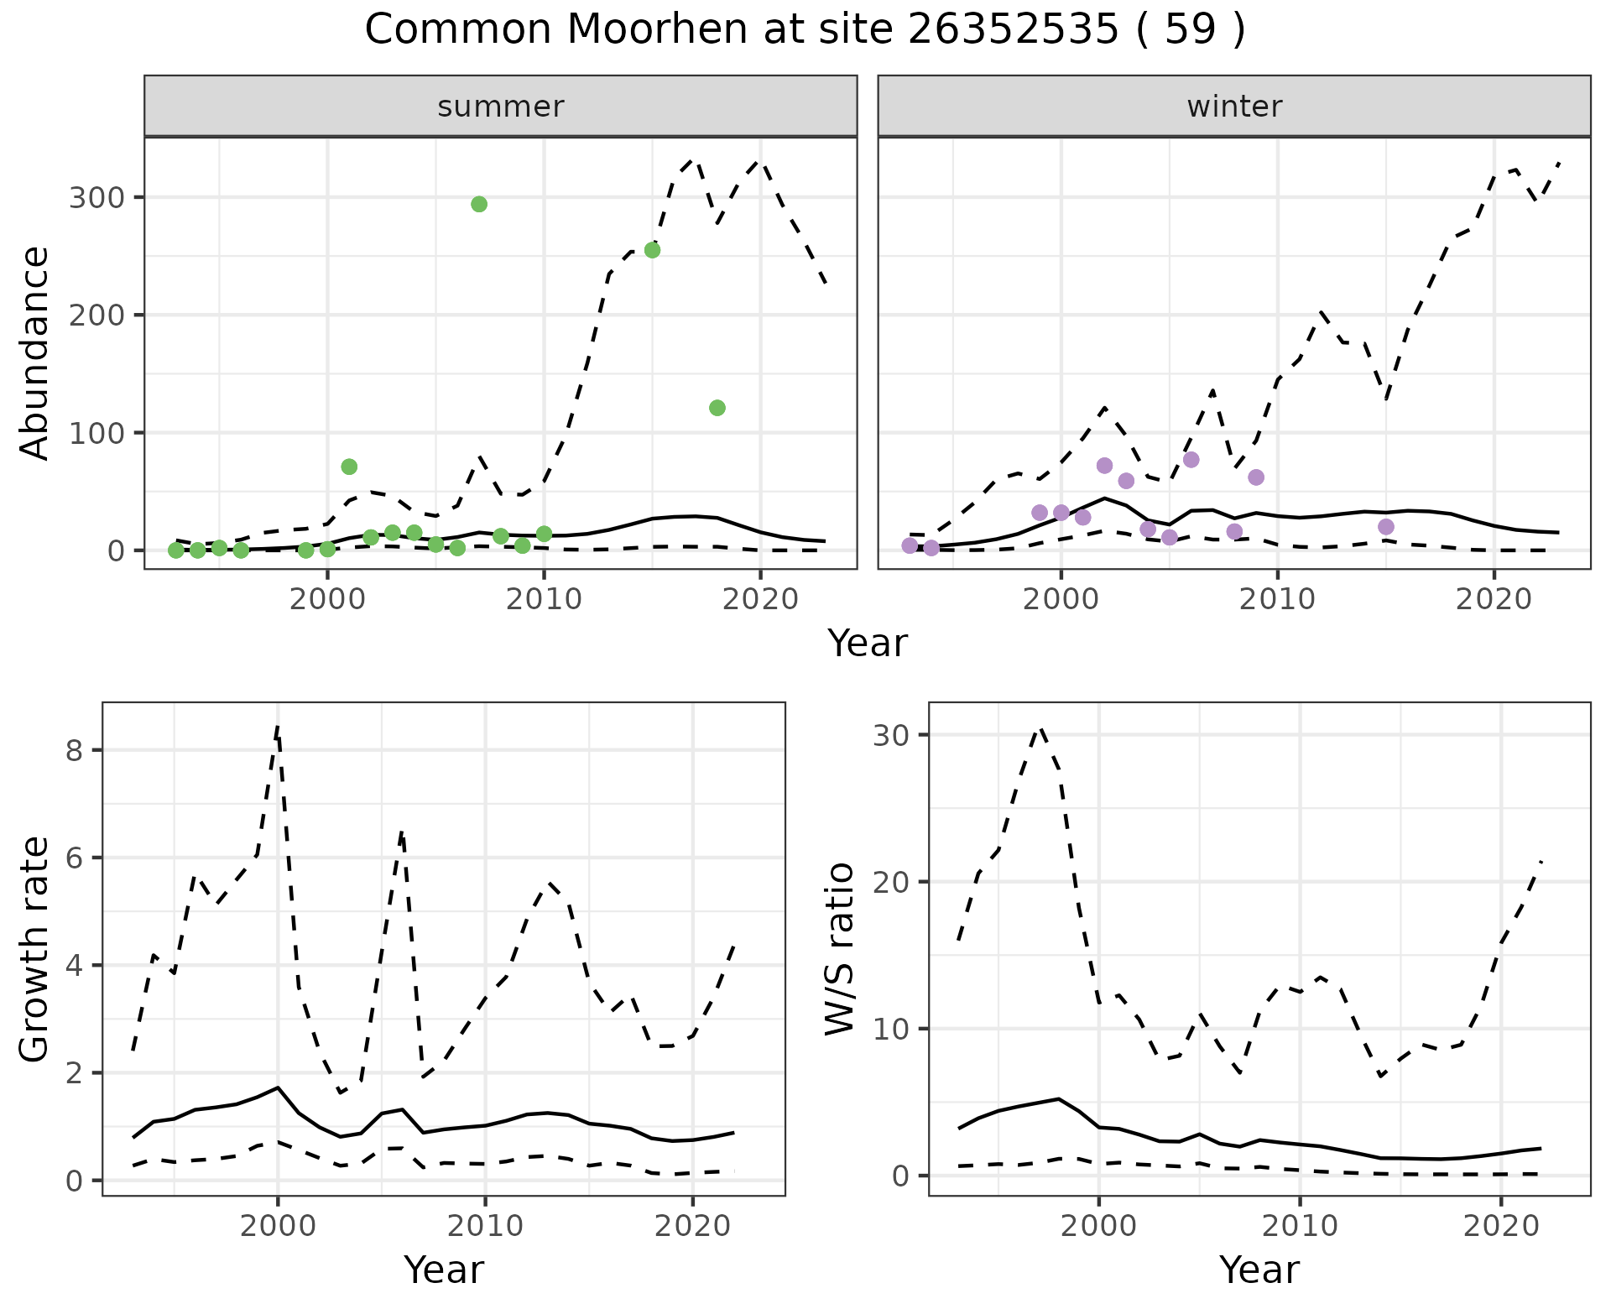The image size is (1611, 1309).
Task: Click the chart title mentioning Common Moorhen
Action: click(x=805, y=30)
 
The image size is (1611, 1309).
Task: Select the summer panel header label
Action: click(x=500, y=107)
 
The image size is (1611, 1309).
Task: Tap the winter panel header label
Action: click(x=1233, y=107)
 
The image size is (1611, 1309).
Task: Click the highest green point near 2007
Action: click(x=479, y=204)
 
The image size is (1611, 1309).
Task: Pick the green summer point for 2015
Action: click(x=652, y=250)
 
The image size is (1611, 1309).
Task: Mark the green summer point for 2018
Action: click(x=717, y=408)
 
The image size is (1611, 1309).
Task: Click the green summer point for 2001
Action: click(x=349, y=467)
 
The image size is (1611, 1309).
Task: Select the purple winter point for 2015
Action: click(x=1386, y=527)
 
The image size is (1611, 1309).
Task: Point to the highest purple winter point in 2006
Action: click(x=1191, y=460)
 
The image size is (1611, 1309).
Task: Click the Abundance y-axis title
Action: click(x=35, y=352)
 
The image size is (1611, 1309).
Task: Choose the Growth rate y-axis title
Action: click(x=35, y=950)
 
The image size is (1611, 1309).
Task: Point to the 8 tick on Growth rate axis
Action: click(x=74, y=750)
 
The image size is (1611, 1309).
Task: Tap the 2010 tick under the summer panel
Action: click(x=544, y=599)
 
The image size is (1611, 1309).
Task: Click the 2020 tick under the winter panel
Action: click(x=1494, y=599)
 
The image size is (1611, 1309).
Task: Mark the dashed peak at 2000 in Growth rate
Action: click(x=278, y=727)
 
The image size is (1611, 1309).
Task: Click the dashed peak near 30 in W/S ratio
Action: click(x=1040, y=730)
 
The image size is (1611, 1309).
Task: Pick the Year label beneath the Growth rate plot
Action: click(x=443, y=1270)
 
